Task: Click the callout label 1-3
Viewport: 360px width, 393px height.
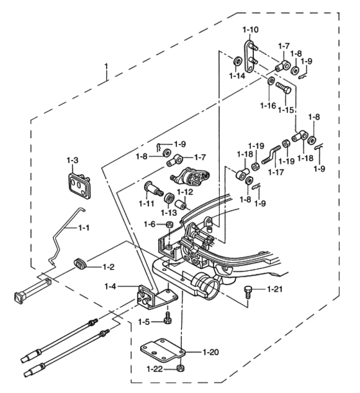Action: [x=73, y=160]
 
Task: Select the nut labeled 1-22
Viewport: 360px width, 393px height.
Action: [x=181, y=370]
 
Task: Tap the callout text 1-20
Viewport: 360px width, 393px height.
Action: [x=211, y=353]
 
